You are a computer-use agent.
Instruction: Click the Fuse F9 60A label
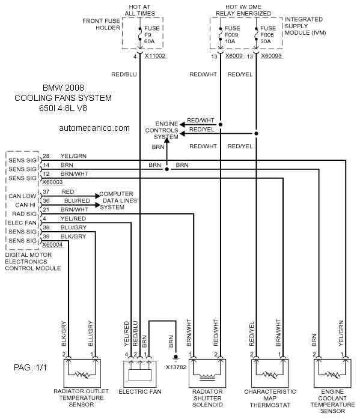point(151,35)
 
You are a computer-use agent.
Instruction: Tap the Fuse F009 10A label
point(232,35)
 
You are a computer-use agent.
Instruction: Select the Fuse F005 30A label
point(267,35)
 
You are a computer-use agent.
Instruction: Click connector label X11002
point(155,56)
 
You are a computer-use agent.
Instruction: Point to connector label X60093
point(271,56)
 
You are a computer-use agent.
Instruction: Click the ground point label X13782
point(175,367)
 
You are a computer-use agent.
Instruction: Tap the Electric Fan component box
point(140,374)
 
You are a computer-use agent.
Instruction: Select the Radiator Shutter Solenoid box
point(207,373)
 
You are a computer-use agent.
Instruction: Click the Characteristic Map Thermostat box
point(270,373)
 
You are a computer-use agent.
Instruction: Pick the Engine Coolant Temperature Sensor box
point(332,373)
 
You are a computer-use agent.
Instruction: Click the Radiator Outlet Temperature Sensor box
point(82,373)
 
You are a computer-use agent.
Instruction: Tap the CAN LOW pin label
point(22,196)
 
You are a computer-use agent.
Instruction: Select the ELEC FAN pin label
point(22,223)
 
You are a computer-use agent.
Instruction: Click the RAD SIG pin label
point(24,214)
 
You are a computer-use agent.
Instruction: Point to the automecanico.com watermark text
point(94,128)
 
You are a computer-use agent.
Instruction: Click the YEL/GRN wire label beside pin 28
point(73,156)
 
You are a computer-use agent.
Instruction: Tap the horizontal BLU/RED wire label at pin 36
point(77,200)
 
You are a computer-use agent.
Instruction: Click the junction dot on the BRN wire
point(167,169)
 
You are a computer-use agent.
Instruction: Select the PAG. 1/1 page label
point(30,367)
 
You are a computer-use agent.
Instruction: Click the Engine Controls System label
point(162,130)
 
